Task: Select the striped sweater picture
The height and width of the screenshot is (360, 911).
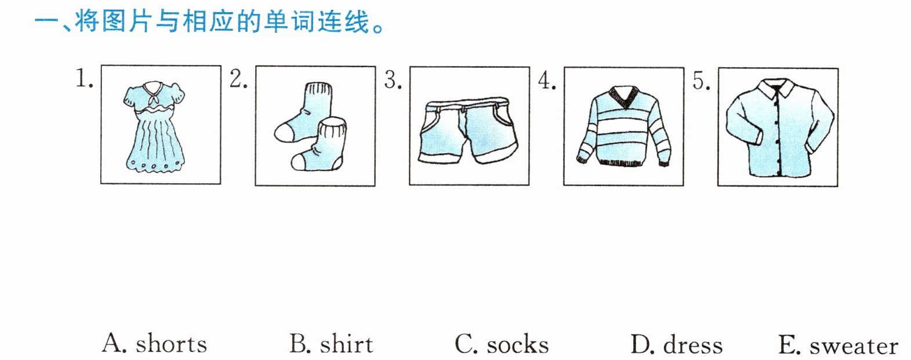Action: click(623, 128)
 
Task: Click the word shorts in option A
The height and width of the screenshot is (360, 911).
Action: click(171, 344)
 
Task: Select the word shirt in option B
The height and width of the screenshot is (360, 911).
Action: click(346, 344)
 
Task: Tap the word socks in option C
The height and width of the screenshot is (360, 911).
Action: click(517, 345)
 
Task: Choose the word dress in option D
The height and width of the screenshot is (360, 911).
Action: click(693, 346)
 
